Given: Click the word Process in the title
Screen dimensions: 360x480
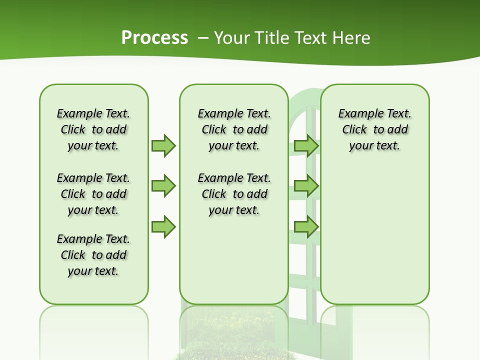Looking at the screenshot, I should [x=154, y=38].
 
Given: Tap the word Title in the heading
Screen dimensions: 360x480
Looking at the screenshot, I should [x=272, y=38].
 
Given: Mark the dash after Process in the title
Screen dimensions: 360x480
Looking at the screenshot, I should [x=203, y=38].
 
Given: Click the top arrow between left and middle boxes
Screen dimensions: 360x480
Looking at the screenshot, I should [x=163, y=145].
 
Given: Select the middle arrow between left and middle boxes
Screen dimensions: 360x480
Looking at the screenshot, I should [x=163, y=186].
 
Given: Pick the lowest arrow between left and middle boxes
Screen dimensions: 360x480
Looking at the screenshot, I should [x=163, y=227].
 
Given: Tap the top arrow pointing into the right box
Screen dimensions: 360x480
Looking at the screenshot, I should [x=306, y=145].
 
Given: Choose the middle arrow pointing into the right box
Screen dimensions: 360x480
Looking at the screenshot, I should [x=306, y=186].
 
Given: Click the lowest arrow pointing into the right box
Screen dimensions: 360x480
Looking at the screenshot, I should [x=306, y=227].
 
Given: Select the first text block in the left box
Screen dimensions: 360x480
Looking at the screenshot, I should [x=93, y=129].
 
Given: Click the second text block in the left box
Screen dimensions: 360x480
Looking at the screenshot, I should [x=93, y=194].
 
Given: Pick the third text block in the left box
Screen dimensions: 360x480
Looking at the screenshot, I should [x=93, y=255].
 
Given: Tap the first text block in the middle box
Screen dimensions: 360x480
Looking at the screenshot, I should [x=234, y=129].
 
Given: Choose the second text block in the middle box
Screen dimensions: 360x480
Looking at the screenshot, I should [x=234, y=194].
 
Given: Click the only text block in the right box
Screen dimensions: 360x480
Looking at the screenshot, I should [x=374, y=129].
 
